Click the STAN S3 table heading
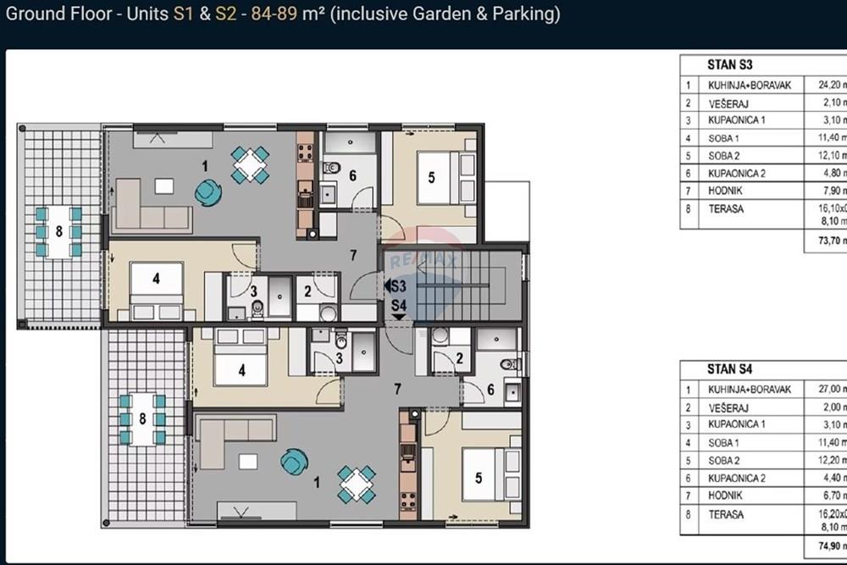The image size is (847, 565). [x=729, y=64]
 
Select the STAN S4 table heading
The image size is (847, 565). [x=729, y=369]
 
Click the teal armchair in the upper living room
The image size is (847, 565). [x=207, y=193]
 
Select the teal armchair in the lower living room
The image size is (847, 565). [x=294, y=462]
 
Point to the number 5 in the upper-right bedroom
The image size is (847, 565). [x=431, y=178]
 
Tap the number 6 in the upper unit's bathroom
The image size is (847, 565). [x=353, y=175]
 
